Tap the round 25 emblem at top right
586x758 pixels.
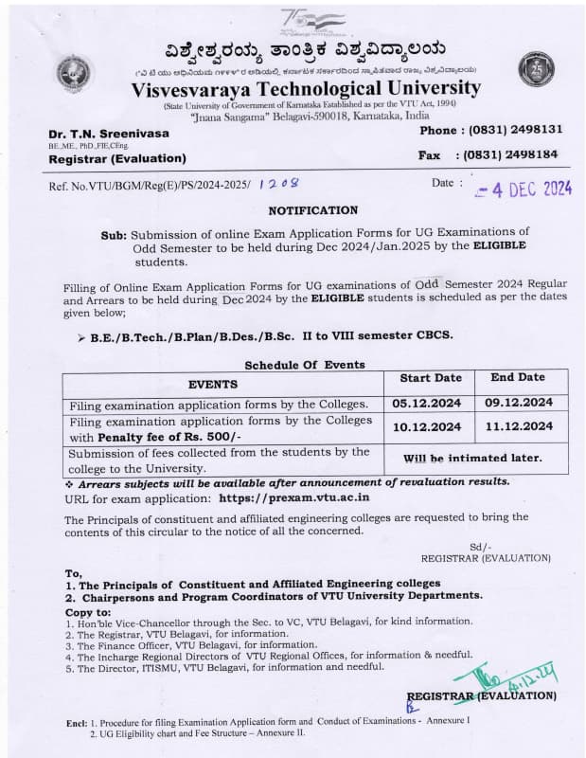(536, 69)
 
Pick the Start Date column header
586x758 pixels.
(431, 378)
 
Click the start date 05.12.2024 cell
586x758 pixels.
(428, 403)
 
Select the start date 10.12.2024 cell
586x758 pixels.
(428, 427)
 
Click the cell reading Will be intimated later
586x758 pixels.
(473, 459)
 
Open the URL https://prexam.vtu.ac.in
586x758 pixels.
(294, 496)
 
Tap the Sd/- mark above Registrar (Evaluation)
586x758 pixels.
(480, 548)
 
